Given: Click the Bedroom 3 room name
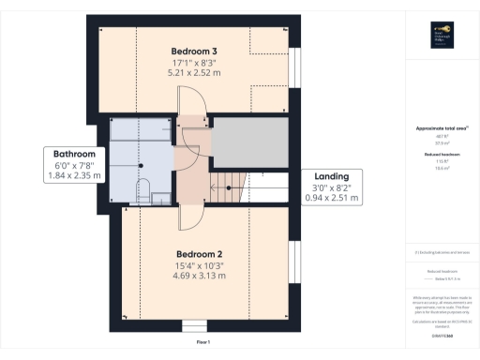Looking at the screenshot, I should tap(194, 51).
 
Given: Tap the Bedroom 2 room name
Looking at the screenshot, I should tap(199, 254).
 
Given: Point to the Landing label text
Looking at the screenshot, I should tap(332, 175).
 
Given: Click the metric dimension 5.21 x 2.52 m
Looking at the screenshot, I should tap(194, 72).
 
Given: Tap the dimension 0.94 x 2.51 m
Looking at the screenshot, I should tap(332, 197).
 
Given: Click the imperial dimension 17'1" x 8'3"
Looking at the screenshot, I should tap(194, 62).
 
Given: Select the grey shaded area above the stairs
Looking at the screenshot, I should tap(248, 142).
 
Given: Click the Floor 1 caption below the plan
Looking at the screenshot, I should tap(203, 342).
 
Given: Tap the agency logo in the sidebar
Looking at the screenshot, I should tap(438, 36).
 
